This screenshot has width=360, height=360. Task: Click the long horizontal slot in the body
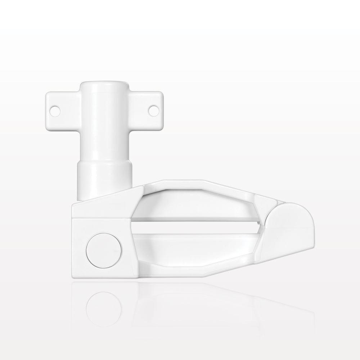pyautogui.click(x=194, y=228)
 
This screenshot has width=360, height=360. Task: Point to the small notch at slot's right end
pyautogui.click(x=260, y=228)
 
